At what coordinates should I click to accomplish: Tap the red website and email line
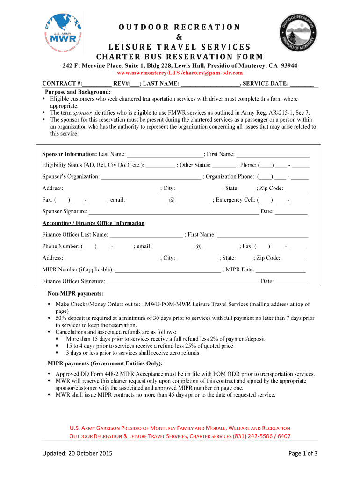pos(180,73)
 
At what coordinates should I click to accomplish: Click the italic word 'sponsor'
pos(82,113)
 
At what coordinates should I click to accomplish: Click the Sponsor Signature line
pos(173,212)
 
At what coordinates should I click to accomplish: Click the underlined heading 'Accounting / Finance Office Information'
pos(94,223)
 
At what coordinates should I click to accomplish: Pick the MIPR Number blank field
pos(168,269)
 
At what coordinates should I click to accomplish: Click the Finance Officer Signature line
pos(183,281)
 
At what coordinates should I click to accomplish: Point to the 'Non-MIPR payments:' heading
pos(75,293)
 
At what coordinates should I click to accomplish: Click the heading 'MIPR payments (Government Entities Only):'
pos(105,363)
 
